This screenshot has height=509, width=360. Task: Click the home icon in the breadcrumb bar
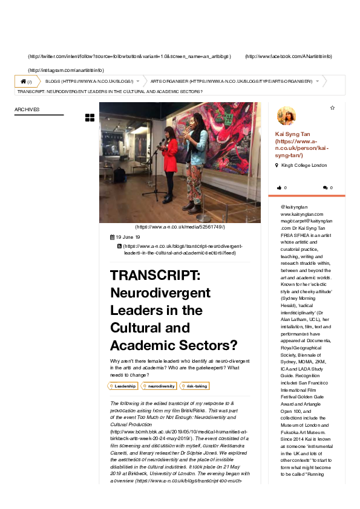[23, 81]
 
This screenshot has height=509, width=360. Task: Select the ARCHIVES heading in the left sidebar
[27, 109]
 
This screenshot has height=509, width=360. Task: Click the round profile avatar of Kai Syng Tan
[286, 115]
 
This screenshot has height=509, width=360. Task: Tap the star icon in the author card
[332, 108]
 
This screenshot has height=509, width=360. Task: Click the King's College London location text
[304, 165]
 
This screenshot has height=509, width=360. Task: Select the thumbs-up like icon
[279, 188]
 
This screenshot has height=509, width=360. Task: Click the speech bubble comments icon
[326, 188]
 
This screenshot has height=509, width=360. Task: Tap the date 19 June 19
[127, 237]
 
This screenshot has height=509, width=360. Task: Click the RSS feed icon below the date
[119, 247]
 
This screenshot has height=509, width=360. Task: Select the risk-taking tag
[195, 386]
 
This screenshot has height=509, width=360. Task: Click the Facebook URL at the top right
[288, 56]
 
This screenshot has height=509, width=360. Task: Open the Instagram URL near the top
[66, 70]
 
